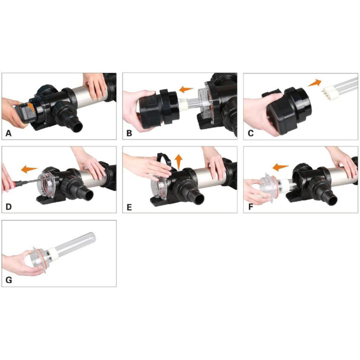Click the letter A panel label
[x=8, y=133]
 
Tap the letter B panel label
[x=129, y=133]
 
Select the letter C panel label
[x=250, y=133]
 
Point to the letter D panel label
[x=8, y=206]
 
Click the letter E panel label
[x=129, y=207]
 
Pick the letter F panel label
[x=250, y=207]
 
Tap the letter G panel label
[x=8, y=280]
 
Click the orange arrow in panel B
[x=186, y=89]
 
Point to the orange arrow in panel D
[x=29, y=169]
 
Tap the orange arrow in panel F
[x=280, y=167]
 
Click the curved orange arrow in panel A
[x=31, y=107]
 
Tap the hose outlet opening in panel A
[x=78, y=126]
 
